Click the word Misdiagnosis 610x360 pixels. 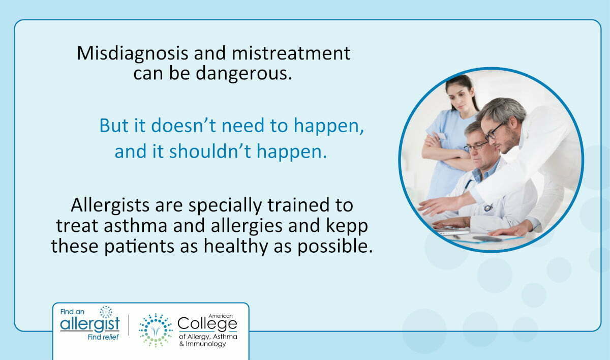(132, 54)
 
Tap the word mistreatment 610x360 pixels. (291, 53)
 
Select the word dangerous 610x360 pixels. (243, 74)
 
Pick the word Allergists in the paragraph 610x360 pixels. (110, 205)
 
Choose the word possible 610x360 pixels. (334, 247)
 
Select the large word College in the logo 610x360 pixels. (207, 324)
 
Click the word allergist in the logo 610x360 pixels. (90, 324)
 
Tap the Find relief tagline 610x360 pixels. (103, 337)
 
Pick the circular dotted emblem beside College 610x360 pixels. (156, 331)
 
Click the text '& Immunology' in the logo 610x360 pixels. (203, 344)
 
